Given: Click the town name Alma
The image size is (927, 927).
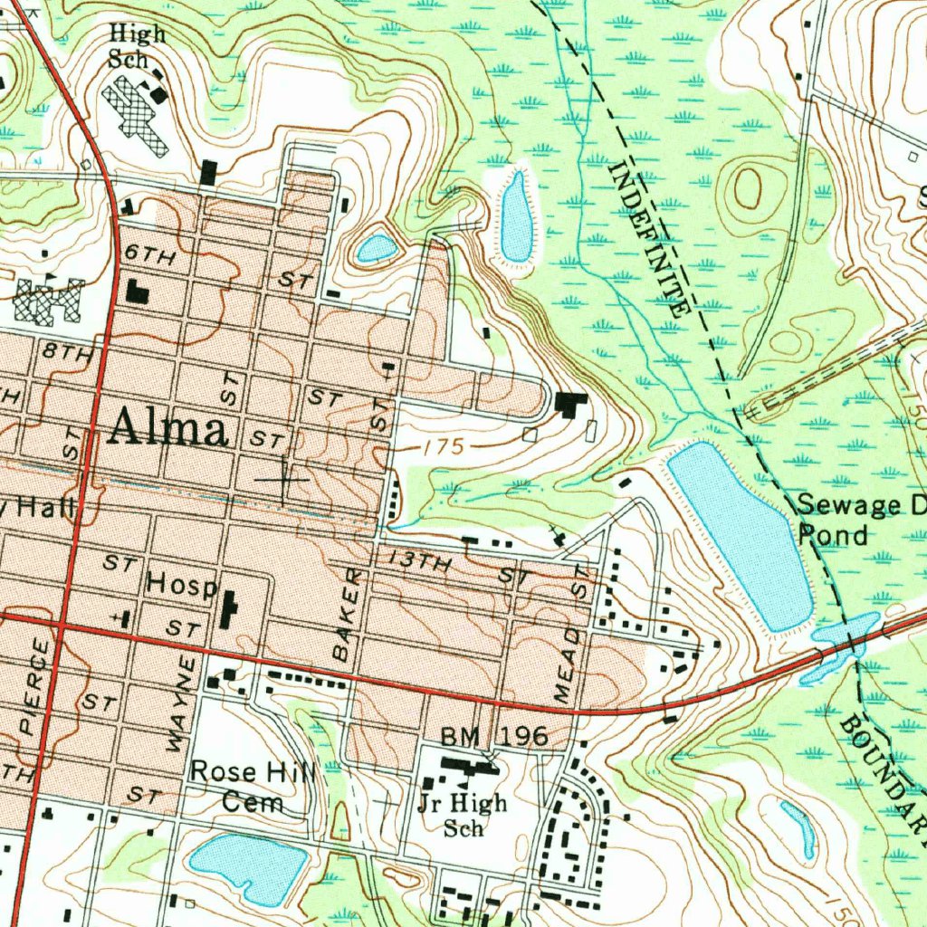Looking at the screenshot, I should tap(167, 428).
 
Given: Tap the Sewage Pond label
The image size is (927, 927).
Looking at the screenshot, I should tap(860, 520).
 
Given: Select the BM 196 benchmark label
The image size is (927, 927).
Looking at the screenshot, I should tap(494, 737).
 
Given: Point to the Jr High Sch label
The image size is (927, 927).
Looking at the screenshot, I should tap(463, 815).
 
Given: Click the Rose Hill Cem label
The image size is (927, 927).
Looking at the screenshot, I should tap(253, 787).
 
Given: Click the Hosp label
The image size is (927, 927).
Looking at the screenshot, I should tap(181, 584).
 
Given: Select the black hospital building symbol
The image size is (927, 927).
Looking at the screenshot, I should tap(228, 609).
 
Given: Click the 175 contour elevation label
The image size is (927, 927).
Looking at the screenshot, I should tap(443, 446).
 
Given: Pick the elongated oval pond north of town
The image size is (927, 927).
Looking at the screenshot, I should tap(516, 216).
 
